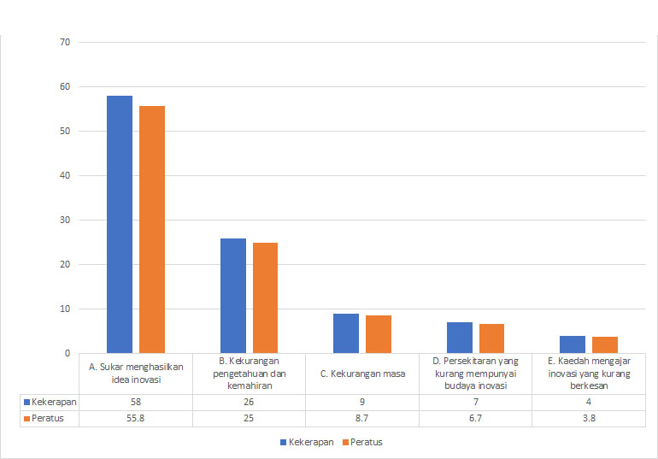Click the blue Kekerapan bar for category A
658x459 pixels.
[x=120, y=224]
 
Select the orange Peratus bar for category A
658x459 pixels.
[x=152, y=229]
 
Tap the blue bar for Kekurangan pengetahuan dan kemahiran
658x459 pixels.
[x=233, y=295]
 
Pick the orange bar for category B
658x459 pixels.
[x=265, y=297]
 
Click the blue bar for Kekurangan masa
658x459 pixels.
[x=346, y=333]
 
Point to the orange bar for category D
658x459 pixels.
[x=491, y=338]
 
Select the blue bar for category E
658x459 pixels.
[x=573, y=344]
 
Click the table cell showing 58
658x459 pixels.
[x=136, y=402]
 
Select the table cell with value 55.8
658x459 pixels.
[x=136, y=418]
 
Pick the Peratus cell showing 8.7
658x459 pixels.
[x=362, y=418]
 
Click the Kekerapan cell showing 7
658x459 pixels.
[x=475, y=402]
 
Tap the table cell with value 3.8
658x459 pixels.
[x=589, y=418]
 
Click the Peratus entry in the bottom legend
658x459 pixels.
[x=362, y=442]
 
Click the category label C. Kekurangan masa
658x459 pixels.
[x=362, y=373]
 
